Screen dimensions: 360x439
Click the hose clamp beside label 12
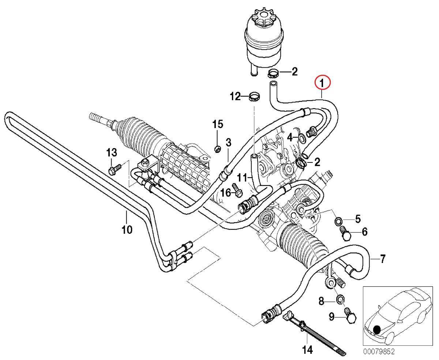click(x=254, y=97)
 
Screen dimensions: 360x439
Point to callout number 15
click(x=217, y=124)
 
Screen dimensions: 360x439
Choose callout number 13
click(x=111, y=152)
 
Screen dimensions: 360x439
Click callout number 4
click(x=290, y=138)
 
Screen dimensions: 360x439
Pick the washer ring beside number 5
click(x=339, y=221)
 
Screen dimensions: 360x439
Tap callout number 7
click(x=382, y=259)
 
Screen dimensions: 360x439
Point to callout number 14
click(x=307, y=350)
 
